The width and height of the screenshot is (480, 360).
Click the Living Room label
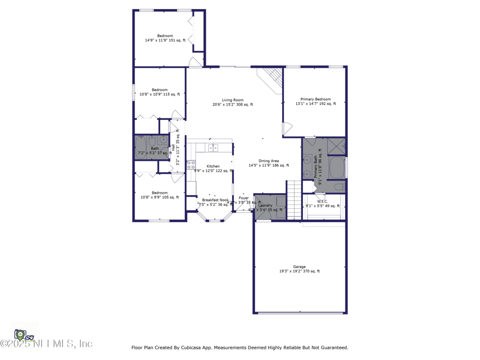tap(232, 100)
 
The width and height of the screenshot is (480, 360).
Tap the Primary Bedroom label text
tap(316, 99)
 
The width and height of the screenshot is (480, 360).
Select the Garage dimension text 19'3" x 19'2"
tap(299, 271)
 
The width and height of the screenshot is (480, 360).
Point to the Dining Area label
tap(268, 161)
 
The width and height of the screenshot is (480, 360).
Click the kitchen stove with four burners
tap(191, 165)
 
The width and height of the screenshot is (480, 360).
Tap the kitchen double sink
tap(213, 148)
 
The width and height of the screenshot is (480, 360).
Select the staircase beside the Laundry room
tap(293, 200)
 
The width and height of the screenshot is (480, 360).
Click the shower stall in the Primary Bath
tap(336, 146)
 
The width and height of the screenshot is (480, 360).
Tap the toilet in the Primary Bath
tap(338, 187)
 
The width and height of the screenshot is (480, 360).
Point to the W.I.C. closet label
tap(322, 202)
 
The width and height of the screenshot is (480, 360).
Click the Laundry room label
tap(265, 205)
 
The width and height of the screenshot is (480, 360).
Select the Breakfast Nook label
tap(215, 200)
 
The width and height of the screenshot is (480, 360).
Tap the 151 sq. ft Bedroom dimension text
tap(165, 41)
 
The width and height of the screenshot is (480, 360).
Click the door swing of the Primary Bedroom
tap(287, 128)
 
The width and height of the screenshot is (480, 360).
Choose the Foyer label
tap(244, 197)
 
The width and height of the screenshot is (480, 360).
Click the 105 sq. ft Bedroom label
tap(160, 193)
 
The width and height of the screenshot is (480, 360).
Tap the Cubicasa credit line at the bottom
tap(239, 347)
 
